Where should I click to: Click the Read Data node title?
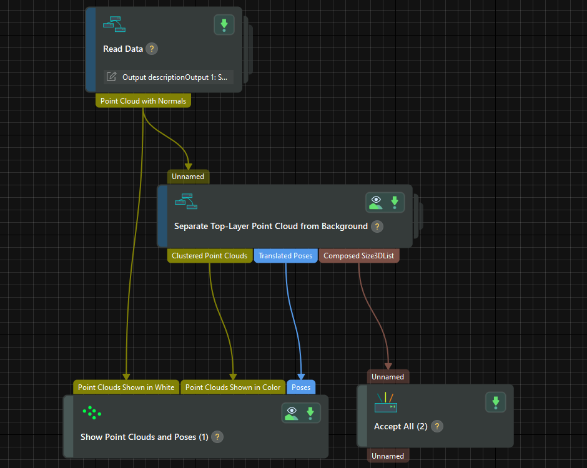coord(123,49)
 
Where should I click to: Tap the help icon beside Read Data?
coord(152,49)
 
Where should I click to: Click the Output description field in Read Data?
coord(168,77)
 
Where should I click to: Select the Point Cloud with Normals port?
coord(143,100)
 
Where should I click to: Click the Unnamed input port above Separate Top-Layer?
coord(188,177)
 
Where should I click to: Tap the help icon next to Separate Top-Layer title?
coord(377,227)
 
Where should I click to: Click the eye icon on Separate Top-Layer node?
coord(376,202)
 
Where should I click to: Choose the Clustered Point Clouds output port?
coord(210,256)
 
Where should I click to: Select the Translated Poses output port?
coord(285,256)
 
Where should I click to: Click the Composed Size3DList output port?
coord(359,256)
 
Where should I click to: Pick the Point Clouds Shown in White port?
coord(126,388)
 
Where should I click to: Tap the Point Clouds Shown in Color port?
coord(233,388)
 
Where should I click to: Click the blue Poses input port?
coord(301,388)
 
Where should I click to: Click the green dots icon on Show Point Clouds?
coord(91,412)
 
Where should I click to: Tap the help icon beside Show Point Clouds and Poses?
coord(217,437)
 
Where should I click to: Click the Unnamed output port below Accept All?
coord(388,456)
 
